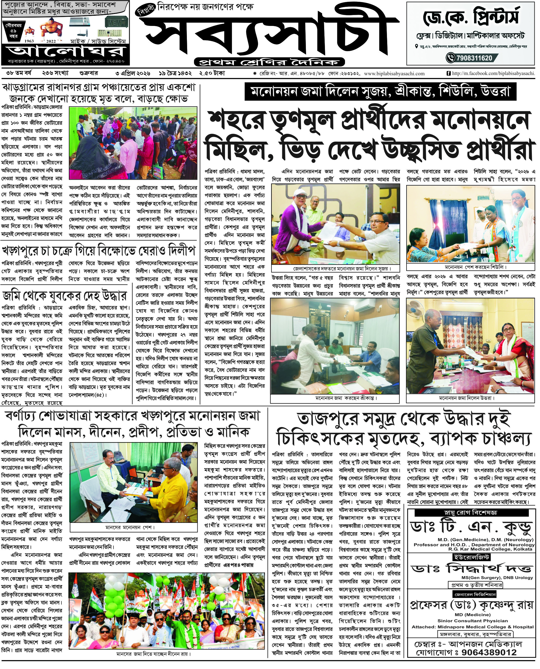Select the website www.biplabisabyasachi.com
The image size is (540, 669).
point(394,74)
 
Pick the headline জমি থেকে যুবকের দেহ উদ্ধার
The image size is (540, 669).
point(65,296)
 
